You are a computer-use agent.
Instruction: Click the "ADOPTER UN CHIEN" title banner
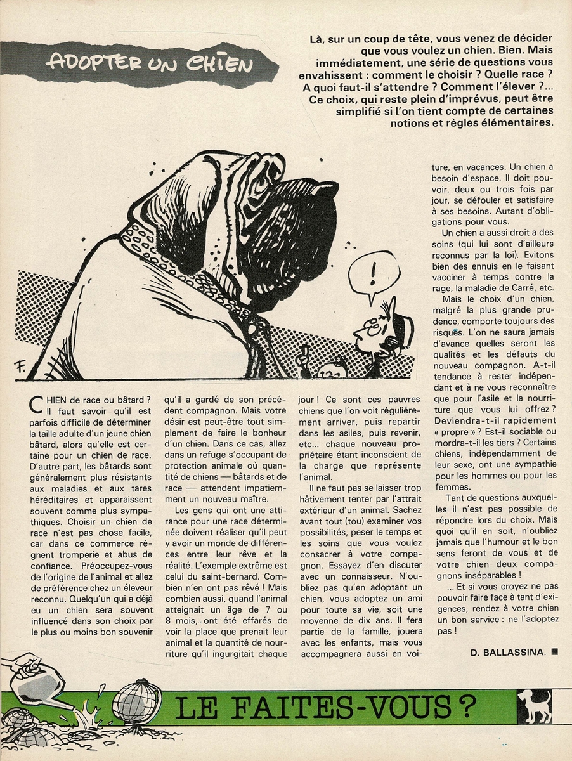pos(151,63)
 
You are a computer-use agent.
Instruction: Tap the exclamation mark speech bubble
pos(375,275)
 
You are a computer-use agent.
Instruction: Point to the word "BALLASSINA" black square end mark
pos(554,651)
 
